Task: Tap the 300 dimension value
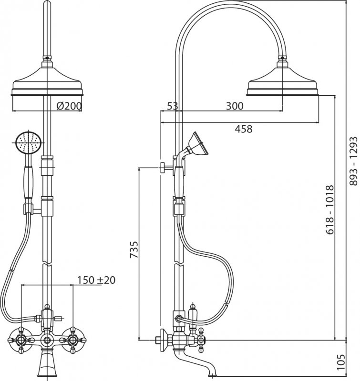pyautogui.click(x=234, y=106)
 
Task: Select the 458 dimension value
pyautogui.click(x=242, y=128)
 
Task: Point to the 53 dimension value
pyautogui.click(x=173, y=106)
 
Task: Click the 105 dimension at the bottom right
pyautogui.click(x=353, y=364)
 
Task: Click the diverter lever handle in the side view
pyautogui.click(x=194, y=314)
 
